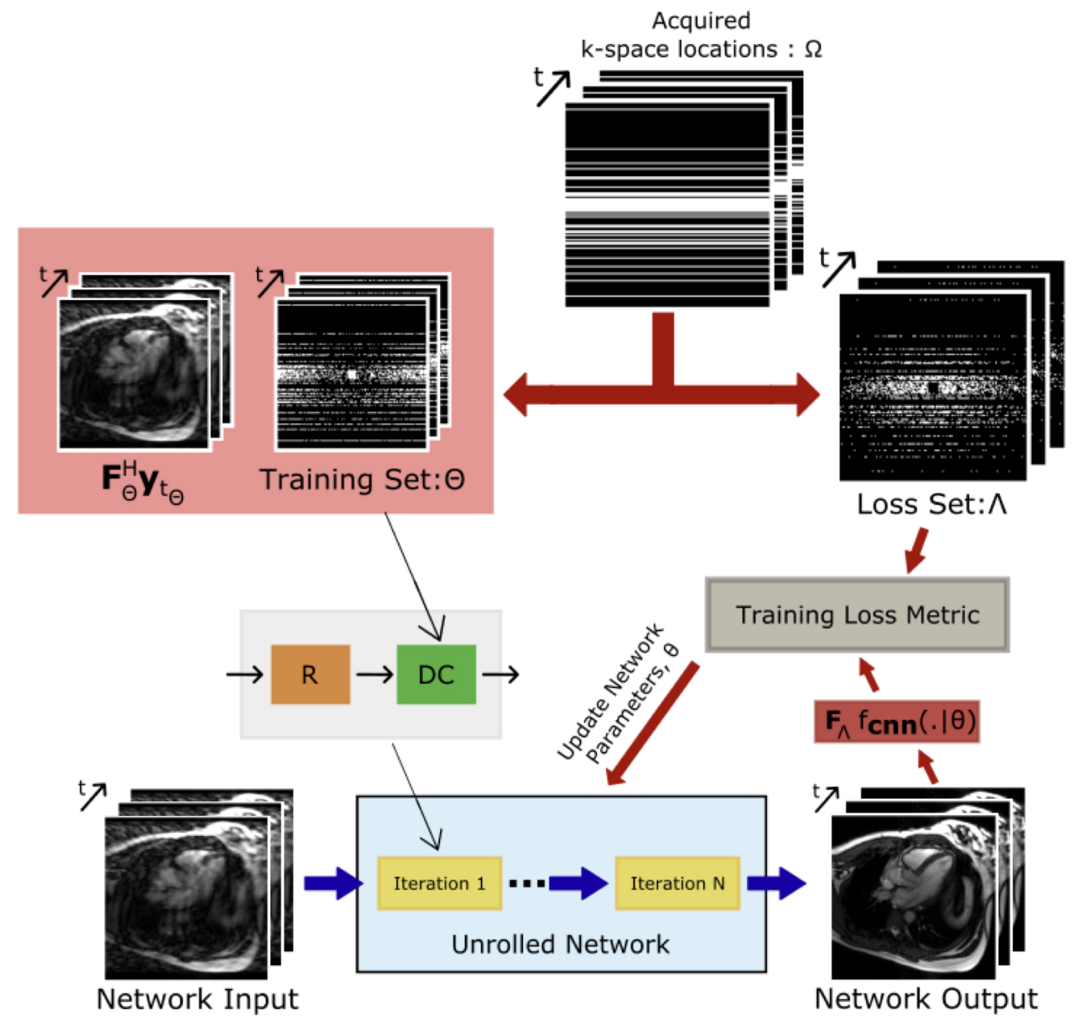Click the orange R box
click(310, 674)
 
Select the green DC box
click(435, 674)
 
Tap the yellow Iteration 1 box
click(439, 883)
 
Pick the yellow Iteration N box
click(677, 883)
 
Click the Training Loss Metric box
click(857, 614)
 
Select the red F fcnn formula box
click(897, 721)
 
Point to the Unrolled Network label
click(560, 944)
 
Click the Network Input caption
click(197, 998)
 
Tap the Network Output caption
click(925, 998)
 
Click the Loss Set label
click(932, 504)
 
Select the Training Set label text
click(362, 479)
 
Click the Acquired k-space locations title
click(701, 35)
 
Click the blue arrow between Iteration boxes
click(578, 883)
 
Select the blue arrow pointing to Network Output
click(777, 883)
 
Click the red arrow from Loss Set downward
click(916, 550)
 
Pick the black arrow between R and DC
click(375, 674)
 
